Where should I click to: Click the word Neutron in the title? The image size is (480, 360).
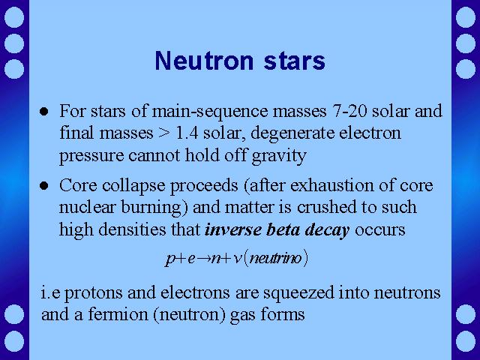[204, 61]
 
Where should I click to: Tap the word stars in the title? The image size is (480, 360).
[295, 61]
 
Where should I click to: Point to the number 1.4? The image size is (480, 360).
[187, 133]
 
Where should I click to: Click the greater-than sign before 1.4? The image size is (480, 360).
[163, 133]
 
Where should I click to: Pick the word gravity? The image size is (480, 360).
[278, 155]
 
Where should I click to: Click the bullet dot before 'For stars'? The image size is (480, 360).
[44, 112]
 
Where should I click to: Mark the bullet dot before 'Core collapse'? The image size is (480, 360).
[44, 185]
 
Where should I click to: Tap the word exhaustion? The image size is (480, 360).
[332, 185]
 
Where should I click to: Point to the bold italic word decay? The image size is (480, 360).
[327, 230]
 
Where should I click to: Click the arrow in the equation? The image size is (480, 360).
[204, 259]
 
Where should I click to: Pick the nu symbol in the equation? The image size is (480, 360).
[237, 259]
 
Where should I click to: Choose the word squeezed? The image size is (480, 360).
[298, 293]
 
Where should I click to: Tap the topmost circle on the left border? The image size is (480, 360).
[14, 17]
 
